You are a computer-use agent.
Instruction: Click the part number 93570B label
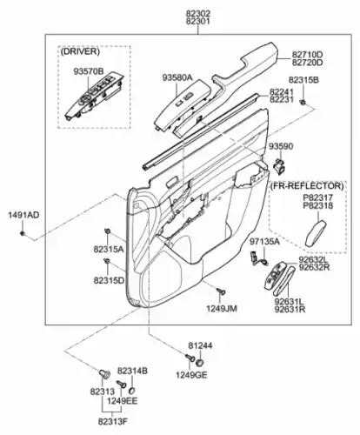tap(89, 71)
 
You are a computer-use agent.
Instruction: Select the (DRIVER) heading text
tap(80, 51)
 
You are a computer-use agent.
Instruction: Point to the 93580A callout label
tap(177, 77)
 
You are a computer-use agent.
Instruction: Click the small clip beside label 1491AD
tap(23, 233)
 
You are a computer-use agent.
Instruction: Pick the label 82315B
tap(303, 80)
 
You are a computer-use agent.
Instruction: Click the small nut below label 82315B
tap(303, 103)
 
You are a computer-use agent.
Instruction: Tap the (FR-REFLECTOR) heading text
tap(307, 185)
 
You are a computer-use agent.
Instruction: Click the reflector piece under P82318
tap(316, 233)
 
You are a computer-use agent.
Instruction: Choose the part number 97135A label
tap(264, 241)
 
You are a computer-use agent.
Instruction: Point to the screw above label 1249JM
tap(221, 291)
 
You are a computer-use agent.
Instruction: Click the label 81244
tap(200, 345)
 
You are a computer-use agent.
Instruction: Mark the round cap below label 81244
tap(199, 363)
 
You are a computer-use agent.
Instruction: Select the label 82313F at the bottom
tap(113, 422)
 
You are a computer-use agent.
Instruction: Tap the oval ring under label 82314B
tap(132, 390)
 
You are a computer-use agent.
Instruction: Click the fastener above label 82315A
tap(107, 231)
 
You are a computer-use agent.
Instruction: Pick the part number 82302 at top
tap(198, 13)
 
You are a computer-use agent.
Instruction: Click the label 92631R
tap(290, 310)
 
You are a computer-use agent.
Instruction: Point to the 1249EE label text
tap(122, 401)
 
